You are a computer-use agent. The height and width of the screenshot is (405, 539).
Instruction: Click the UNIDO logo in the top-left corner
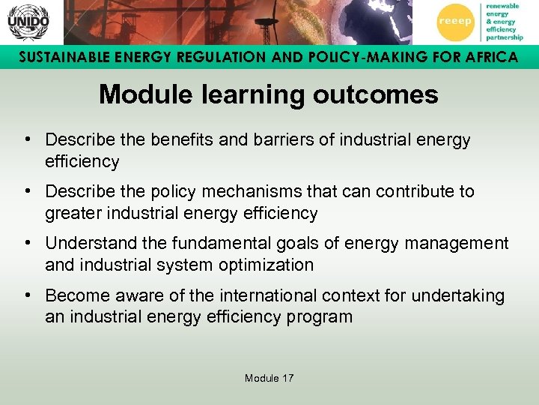(28, 22)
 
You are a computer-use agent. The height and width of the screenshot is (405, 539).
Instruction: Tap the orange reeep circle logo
(454, 22)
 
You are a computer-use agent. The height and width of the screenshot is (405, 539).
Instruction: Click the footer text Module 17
(269, 378)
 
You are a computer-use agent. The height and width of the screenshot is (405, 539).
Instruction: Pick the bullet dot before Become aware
(26, 295)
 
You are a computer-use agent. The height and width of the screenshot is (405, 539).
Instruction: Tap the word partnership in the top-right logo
(504, 37)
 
